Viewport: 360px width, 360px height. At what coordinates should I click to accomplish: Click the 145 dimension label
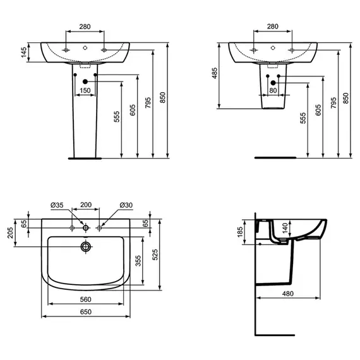pyautogui.click(x=24, y=52)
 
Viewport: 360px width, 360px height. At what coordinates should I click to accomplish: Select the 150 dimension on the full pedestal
pyautogui.click(x=85, y=90)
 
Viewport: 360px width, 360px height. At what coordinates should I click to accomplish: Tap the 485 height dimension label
pyautogui.click(x=215, y=73)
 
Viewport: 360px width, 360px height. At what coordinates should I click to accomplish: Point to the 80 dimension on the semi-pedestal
pyautogui.click(x=273, y=90)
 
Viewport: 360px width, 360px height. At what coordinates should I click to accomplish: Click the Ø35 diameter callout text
pyautogui.click(x=57, y=205)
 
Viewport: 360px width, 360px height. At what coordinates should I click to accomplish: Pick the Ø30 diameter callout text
pyautogui.click(x=126, y=205)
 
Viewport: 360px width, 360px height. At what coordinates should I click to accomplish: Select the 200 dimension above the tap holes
pyautogui.click(x=86, y=205)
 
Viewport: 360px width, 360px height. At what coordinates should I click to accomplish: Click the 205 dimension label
pyautogui.click(x=11, y=233)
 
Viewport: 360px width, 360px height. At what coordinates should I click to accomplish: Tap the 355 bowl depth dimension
pyautogui.click(x=138, y=261)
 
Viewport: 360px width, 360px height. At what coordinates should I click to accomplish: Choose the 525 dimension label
pyautogui.click(x=155, y=255)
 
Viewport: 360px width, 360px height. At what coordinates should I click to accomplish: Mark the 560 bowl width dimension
pyautogui.click(x=86, y=299)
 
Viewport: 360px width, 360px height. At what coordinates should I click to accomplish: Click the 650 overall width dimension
pyautogui.click(x=86, y=312)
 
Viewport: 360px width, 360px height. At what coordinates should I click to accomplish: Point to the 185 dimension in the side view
pyautogui.click(x=240, y=232)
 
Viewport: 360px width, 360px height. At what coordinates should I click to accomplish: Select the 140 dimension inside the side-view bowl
pyautogui.click(x=285, y=228)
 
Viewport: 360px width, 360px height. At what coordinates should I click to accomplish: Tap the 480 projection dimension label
pyautogui.click(x=288, y=294)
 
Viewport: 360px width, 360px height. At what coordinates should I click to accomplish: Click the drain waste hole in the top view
pyautogui.click(x=86, y=247)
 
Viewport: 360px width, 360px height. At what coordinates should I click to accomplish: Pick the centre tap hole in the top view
pyautogui.click(x=86, y=228)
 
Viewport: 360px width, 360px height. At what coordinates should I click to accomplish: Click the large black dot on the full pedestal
pyautogui.click(x=85, y=81)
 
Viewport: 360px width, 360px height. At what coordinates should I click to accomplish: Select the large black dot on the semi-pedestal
pyautogui.click(x=273, y=83)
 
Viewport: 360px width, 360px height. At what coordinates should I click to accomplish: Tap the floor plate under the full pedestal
pyautogui.click(x=85, y=158)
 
